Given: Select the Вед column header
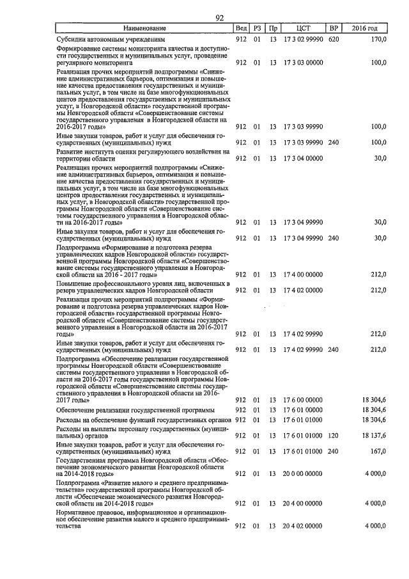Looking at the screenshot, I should click(x=241, y=28).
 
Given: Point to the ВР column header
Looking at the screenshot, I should click(x=333, y=28).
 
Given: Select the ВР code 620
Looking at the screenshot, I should click(x=333, y=38).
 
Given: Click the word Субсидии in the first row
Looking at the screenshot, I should click(x=72, y=38).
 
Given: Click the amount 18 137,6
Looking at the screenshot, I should click(x=374, y=435).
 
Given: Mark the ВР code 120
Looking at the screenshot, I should click(x=333, y=435).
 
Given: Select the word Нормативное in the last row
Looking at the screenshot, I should click(x=79, y=512).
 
